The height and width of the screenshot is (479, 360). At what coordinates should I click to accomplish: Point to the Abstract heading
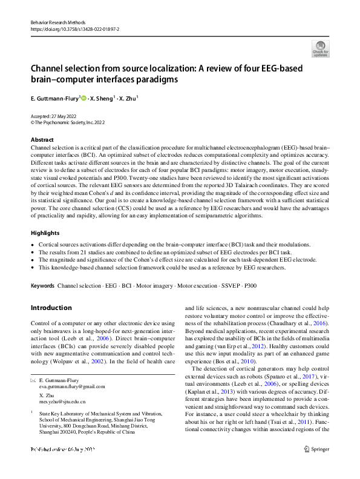point(42,140)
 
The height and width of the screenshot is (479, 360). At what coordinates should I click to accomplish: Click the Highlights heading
point(45,233)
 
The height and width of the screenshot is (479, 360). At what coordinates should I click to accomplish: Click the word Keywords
point(42,285)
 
